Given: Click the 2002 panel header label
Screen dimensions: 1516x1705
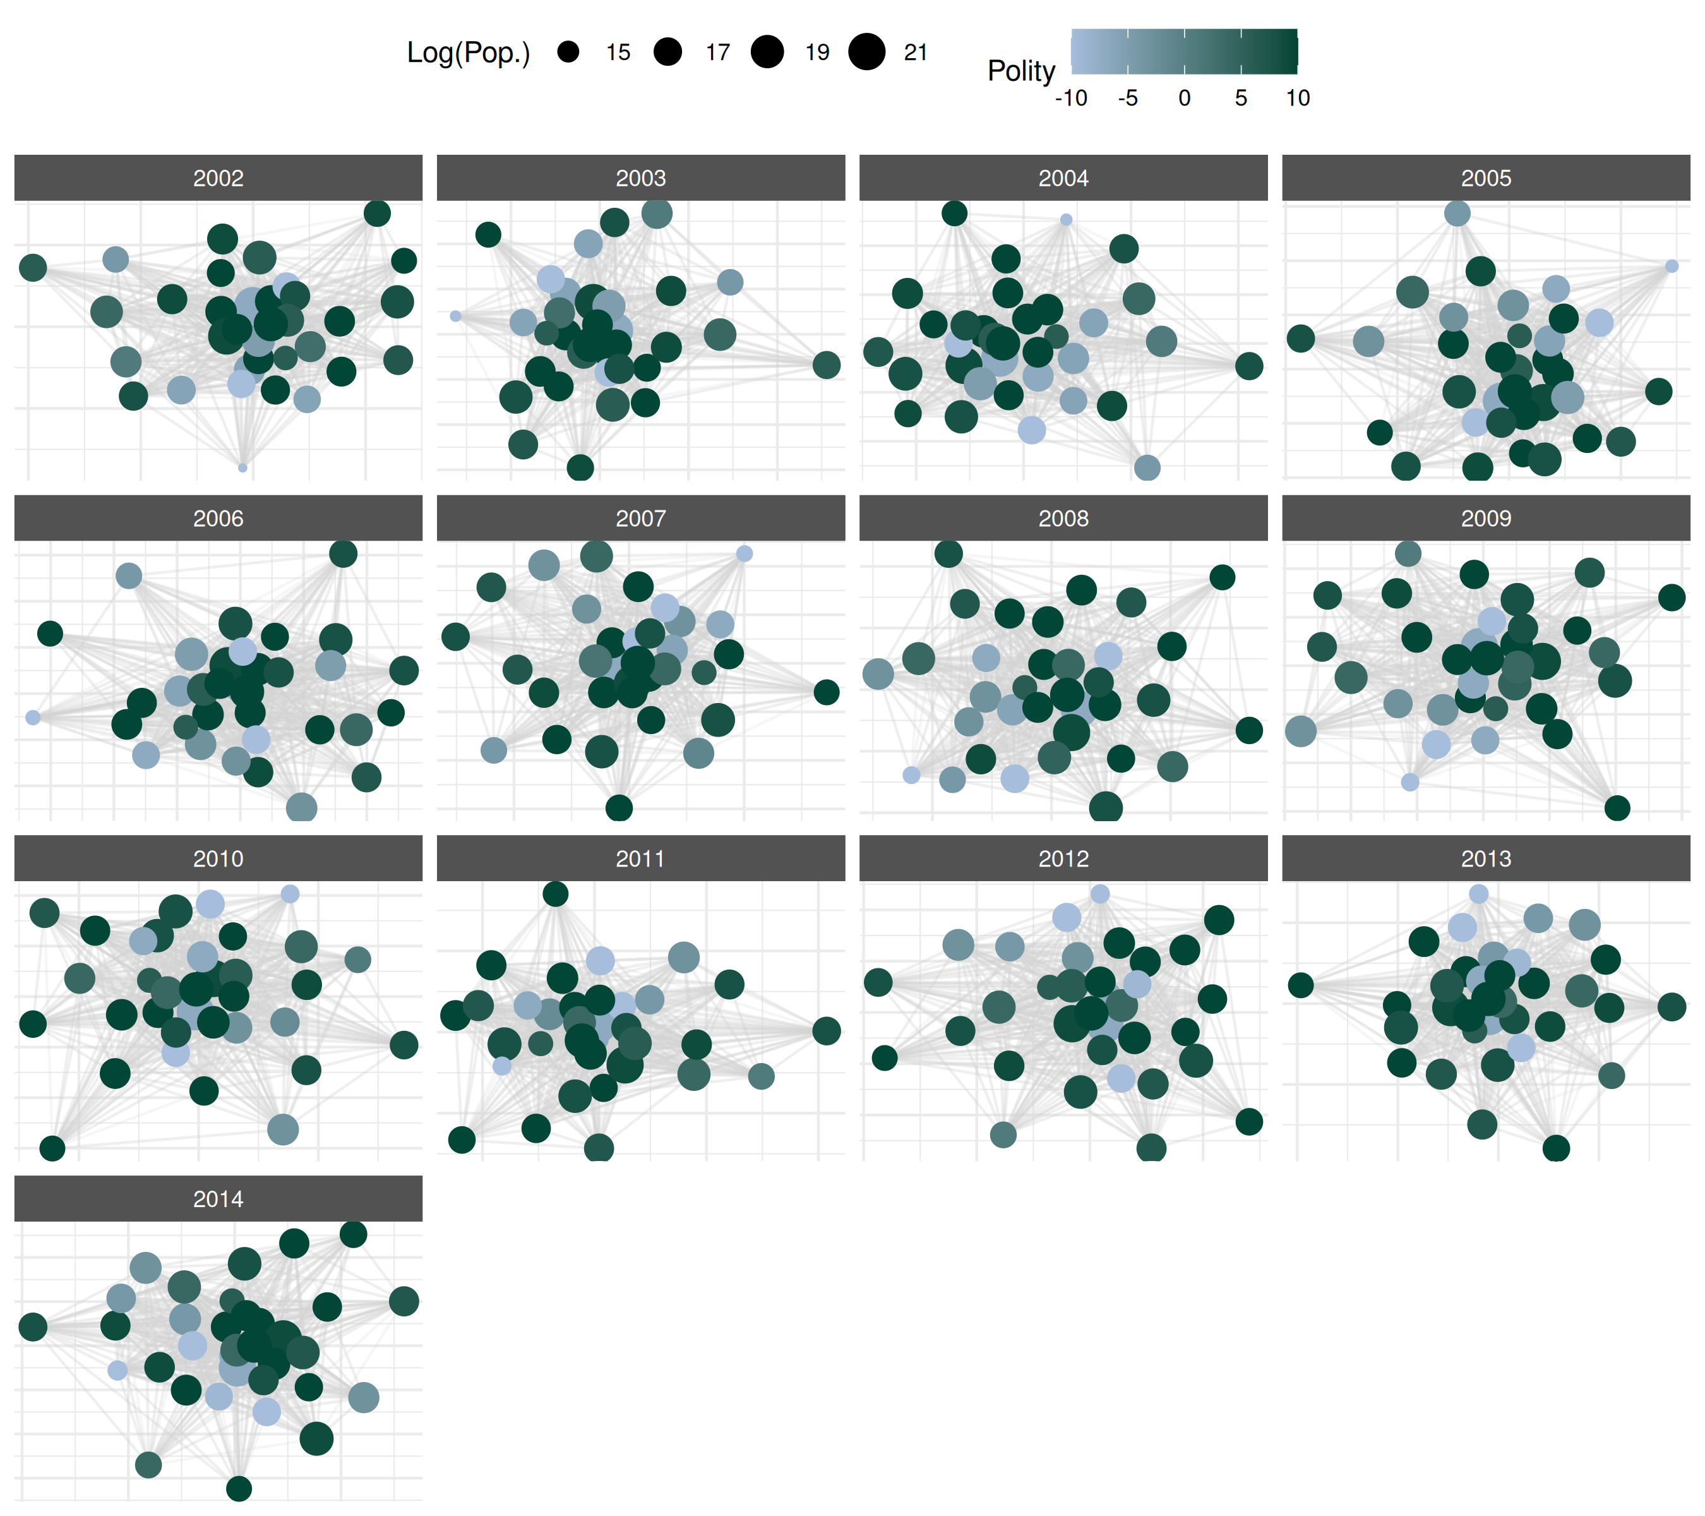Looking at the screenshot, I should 218,177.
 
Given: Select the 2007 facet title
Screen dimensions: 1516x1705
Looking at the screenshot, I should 640,518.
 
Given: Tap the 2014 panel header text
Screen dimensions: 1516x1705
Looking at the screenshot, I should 218,1199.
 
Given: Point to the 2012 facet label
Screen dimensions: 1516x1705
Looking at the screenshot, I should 1063,858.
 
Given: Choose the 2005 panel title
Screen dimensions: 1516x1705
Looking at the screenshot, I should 1486,177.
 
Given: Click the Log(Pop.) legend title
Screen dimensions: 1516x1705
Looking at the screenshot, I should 468,52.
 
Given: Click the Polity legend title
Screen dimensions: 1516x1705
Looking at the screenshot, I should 1021,71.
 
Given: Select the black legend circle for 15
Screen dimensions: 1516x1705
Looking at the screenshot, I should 568,52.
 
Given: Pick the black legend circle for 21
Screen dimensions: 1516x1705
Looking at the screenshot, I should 866,52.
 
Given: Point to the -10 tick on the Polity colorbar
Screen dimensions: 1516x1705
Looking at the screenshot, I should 1071,99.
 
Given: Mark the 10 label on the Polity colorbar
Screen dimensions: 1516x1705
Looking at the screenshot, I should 1297,99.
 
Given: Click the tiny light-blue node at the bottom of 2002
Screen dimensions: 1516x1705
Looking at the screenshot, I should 242,467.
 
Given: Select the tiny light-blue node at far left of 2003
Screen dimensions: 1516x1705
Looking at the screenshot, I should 455,316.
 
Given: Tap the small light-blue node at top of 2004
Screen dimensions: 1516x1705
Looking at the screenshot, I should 1066,219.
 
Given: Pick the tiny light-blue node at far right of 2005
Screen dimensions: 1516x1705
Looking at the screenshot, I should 1672,266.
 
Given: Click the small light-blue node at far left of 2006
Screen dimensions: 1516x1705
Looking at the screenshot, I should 33,718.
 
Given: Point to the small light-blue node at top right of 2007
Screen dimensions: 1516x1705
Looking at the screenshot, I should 744,554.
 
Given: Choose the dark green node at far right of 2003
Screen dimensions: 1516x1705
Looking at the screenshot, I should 826,364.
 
